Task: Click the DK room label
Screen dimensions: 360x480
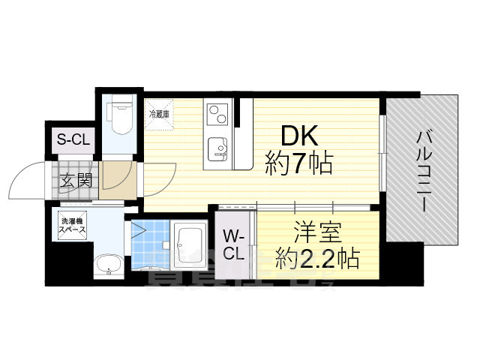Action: click(300, 136)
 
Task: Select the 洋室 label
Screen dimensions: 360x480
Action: click(314, 229)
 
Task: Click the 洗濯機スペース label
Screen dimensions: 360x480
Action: click(73, 225)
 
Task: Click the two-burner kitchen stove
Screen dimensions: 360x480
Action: click(217, 114)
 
